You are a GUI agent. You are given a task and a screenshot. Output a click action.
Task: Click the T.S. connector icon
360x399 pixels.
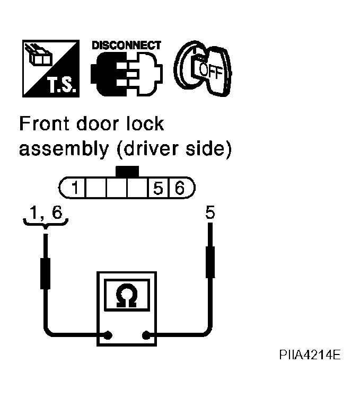[51, 68]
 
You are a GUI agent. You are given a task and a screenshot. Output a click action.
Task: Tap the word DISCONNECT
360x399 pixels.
[126, 45]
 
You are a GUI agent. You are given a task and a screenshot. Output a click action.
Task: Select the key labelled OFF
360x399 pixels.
[203, 68]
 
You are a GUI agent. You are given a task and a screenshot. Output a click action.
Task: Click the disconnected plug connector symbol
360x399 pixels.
[127, 74]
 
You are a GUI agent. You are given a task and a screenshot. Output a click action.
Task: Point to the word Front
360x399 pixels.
[44, 123]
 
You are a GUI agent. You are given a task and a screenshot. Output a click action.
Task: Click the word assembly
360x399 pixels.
[64, 149]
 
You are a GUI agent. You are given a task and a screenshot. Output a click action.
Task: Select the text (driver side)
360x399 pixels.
[174, 149]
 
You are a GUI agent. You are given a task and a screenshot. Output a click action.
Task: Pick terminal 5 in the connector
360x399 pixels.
[158, 188]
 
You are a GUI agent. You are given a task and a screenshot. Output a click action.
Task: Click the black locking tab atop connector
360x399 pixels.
[127, 172]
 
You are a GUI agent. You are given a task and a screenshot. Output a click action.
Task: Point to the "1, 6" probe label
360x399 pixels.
[46, 212]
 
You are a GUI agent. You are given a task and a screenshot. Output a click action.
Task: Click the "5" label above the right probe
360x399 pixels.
[210, 212]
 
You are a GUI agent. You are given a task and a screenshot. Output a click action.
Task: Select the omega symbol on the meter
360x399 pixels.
[127, 295]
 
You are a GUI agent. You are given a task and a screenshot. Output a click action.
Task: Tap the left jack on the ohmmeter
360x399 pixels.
[108, 335]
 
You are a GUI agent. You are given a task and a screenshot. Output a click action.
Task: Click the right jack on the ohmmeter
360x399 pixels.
[146, 335]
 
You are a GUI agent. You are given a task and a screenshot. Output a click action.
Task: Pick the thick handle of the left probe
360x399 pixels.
[45, 274]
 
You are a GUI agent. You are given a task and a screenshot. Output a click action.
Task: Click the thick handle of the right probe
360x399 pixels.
[210, 262]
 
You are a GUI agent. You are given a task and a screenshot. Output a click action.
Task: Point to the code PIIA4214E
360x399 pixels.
[310, 354]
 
